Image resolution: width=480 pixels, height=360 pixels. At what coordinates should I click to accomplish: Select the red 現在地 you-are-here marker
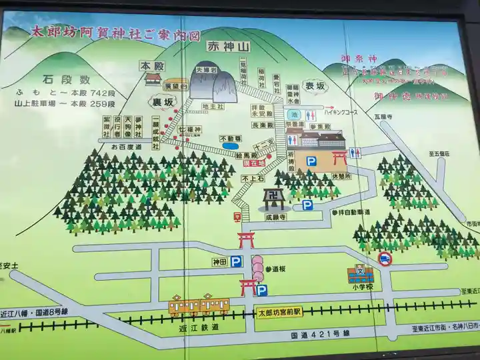[254, 163]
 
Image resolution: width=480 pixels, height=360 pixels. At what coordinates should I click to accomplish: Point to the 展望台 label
[175, 85]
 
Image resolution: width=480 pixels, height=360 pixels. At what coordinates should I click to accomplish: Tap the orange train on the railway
[199, 305]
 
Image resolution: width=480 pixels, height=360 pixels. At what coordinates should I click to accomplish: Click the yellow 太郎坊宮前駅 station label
[279, 311]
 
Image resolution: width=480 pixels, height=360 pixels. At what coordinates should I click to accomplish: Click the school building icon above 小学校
[360, 274]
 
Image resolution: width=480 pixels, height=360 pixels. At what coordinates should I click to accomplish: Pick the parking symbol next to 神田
[237, 263]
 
